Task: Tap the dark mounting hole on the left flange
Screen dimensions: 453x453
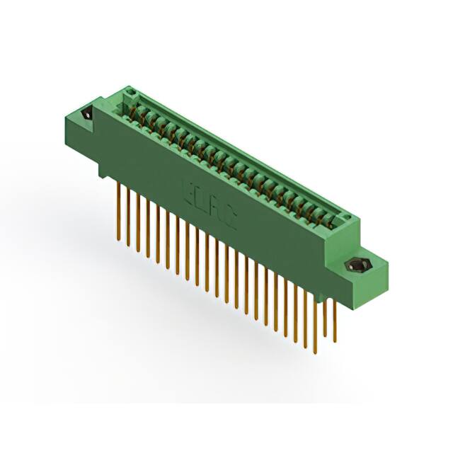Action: tap(86, 114)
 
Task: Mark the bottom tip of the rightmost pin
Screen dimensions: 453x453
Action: tap(335, 341)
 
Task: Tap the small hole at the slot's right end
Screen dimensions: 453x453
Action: tap(345, 217)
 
